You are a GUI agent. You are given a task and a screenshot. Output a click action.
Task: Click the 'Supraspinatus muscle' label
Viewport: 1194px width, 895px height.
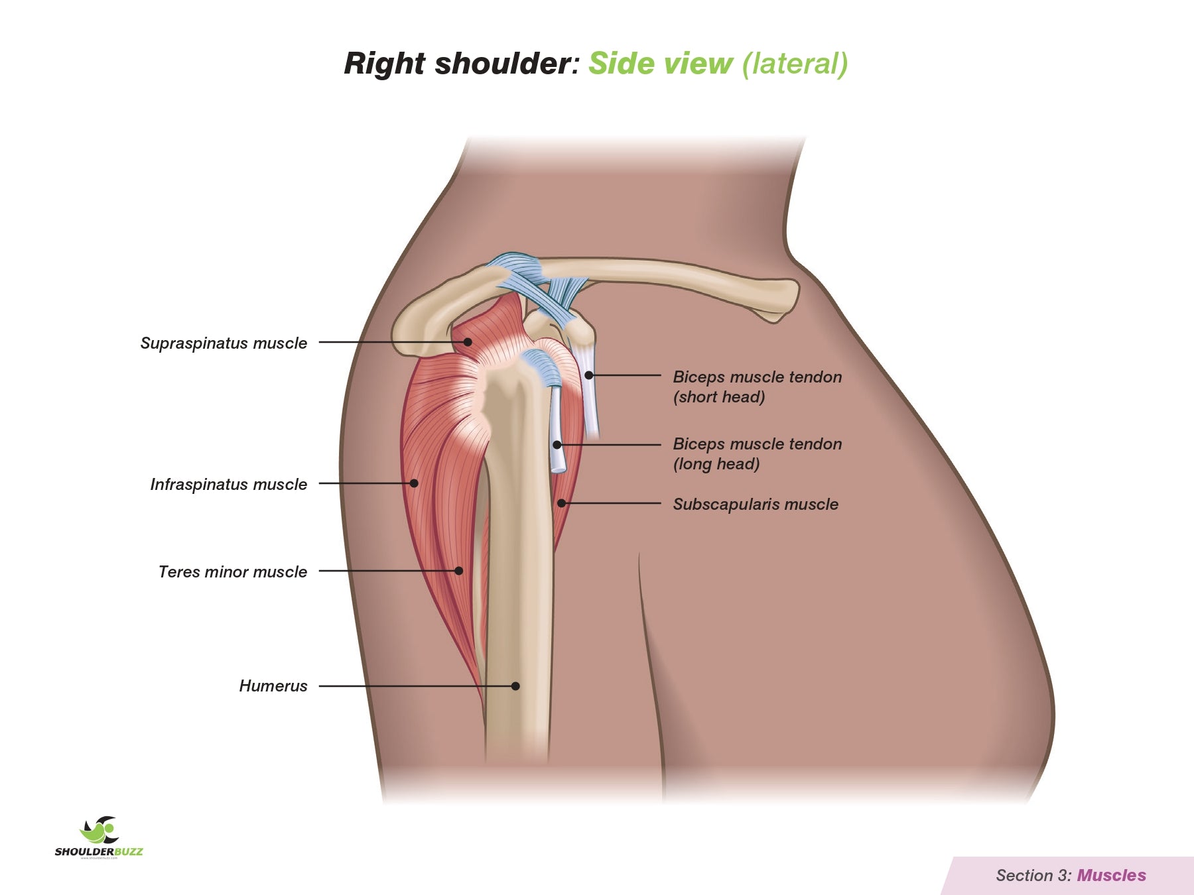224,343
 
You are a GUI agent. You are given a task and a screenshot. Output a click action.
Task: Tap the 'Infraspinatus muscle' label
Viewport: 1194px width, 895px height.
228,485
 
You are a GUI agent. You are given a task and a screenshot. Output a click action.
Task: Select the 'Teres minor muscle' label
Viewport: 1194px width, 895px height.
233,572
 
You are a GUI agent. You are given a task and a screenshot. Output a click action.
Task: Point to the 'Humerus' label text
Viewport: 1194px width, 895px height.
273,686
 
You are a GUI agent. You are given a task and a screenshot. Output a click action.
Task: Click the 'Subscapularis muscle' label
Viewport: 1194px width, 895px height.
756,505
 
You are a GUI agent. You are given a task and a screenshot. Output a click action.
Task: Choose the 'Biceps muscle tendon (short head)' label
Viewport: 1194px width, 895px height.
757,387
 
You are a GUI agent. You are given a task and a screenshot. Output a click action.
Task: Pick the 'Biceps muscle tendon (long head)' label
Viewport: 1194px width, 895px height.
757,454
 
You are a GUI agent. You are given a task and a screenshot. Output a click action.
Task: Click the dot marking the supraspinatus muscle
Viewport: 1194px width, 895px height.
468,342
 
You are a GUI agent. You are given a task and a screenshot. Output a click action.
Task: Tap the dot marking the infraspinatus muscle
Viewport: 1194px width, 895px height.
414,483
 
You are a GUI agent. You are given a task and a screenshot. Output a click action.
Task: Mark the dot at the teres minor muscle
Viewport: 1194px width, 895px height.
458,571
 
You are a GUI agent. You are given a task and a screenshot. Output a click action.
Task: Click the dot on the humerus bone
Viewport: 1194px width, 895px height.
515,686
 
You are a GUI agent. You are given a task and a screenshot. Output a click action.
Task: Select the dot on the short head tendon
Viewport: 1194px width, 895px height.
588,375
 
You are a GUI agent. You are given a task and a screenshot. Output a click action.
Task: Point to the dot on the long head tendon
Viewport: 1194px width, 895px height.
557,445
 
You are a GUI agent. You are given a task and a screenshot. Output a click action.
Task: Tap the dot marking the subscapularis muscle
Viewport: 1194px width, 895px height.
561,504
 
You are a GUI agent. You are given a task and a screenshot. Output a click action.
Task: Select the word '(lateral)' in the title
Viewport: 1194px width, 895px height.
795,64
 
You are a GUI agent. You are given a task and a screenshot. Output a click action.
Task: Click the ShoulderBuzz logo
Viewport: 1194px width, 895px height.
99,837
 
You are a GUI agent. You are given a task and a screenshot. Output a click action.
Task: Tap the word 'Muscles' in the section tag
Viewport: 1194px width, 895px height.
1111,876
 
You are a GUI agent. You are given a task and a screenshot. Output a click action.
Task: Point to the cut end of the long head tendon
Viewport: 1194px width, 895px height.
558,468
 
